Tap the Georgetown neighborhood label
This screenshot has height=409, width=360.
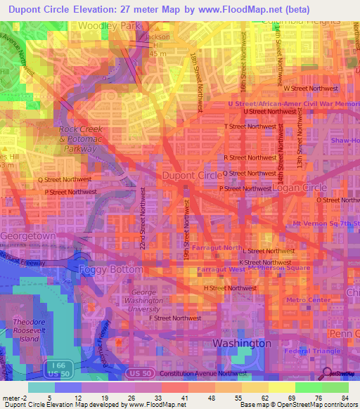tap(27, 236)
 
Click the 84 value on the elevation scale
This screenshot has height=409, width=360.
tap(344, 398)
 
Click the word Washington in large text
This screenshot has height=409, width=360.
tap(242, 344)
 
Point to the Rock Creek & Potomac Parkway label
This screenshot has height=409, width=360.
tap(81, 139)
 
